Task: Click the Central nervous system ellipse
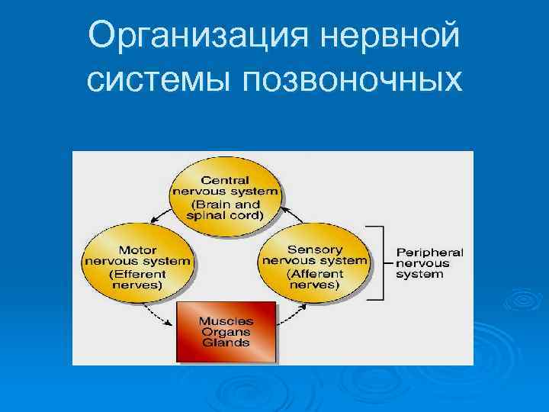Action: coord(225,191)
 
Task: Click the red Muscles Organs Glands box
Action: coord(226,332)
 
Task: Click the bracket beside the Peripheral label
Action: coord(377,263)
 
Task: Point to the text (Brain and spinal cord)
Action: coord(226,210)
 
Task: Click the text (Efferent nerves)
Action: coord(136,278)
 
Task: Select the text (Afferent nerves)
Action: coord(314,278)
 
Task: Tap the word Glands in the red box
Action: coord(226,343)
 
